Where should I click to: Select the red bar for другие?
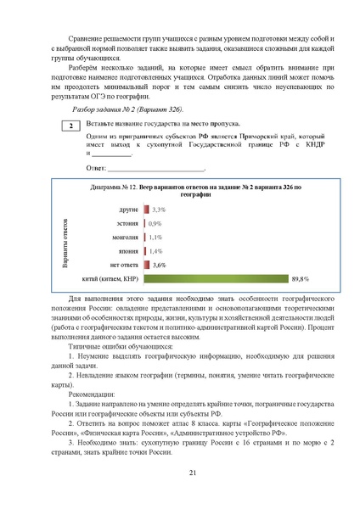[147, 209]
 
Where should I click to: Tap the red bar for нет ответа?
[147, 265]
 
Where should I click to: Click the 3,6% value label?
[160, 265]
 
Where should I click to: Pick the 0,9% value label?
[155, 223]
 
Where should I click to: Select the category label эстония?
[127, 223]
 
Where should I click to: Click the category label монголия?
[125, 238]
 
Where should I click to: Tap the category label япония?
[127, 251]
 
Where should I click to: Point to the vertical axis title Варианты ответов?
[65, 243]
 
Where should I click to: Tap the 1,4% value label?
[156, 251]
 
